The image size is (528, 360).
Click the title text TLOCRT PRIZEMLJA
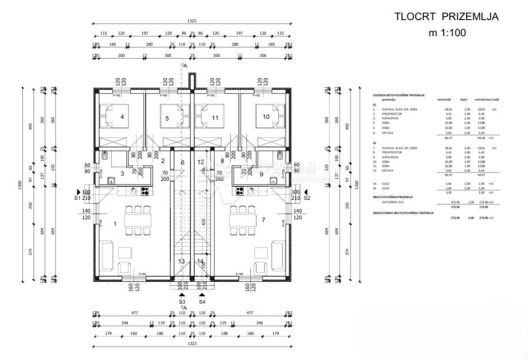pyautogui.click(x=446, y=17)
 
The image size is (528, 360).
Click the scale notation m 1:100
pyautogui.click(x=448, y=33)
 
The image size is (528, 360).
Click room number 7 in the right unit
pyautogui.click(x=263, y=220)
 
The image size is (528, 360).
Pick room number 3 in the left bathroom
pyautogui.click(x=122, y=173)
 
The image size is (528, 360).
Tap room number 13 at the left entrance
pyautogui.click(x=181, y=262)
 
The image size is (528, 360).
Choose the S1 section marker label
pyautogui.click(x=77, y=198)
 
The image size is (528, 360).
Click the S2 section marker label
pyautogui.click(x=306, y=198)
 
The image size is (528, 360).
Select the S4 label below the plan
pyautogui.click(x=202, y=301)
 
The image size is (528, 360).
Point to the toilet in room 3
pyautogui.click(x=105, y=154)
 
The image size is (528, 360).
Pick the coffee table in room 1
pyautogui.click(x=125, y=253)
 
